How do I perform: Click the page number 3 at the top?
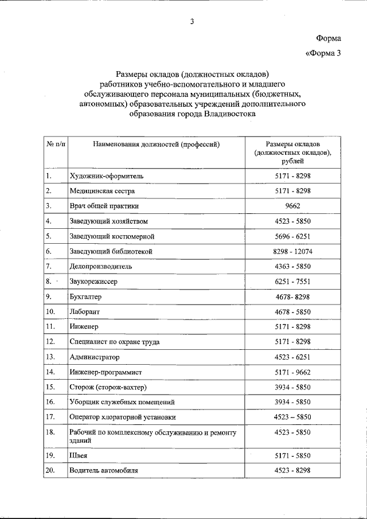[x=192, y=22]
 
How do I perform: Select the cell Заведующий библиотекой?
[x=110, y=251]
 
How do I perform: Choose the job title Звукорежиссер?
[x=96, y=282]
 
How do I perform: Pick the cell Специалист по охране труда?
[x=114, y=342]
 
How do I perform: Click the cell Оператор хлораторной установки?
[x=122, y=417]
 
